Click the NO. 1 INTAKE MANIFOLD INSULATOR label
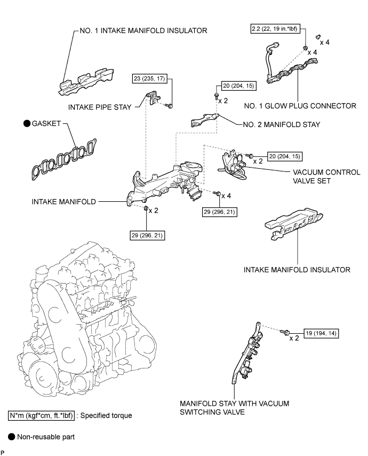coord(140,30)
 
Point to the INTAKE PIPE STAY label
coord(100,106)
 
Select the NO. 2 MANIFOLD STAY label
coord(279,125)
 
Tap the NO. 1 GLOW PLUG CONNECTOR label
coord(305,106)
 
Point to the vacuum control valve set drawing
coord(234,162)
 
